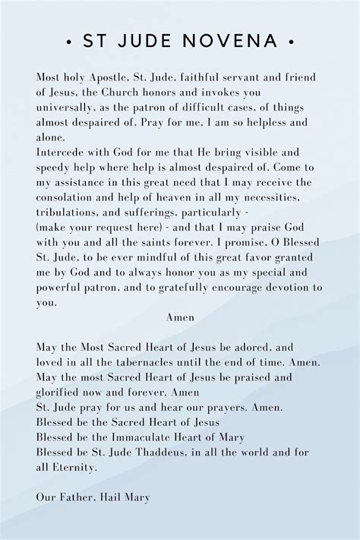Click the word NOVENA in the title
[x=235, y=40]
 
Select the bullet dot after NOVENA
[x=291, y=40]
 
